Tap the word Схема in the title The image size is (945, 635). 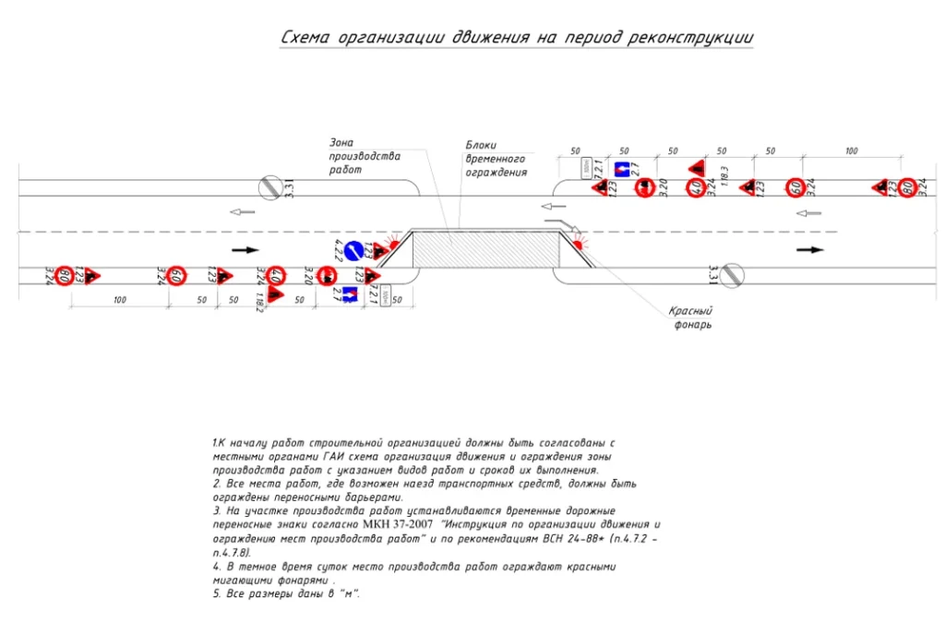[305, 38]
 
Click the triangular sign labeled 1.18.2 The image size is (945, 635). [275, 295]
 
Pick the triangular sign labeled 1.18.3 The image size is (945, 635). [699, 169]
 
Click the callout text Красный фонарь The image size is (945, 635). [691, 318]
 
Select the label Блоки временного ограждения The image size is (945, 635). [495, 158]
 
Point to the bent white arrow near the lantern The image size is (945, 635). [560, 224]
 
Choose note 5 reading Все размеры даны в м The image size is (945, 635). [287, 593]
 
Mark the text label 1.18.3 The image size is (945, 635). [725, 178]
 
